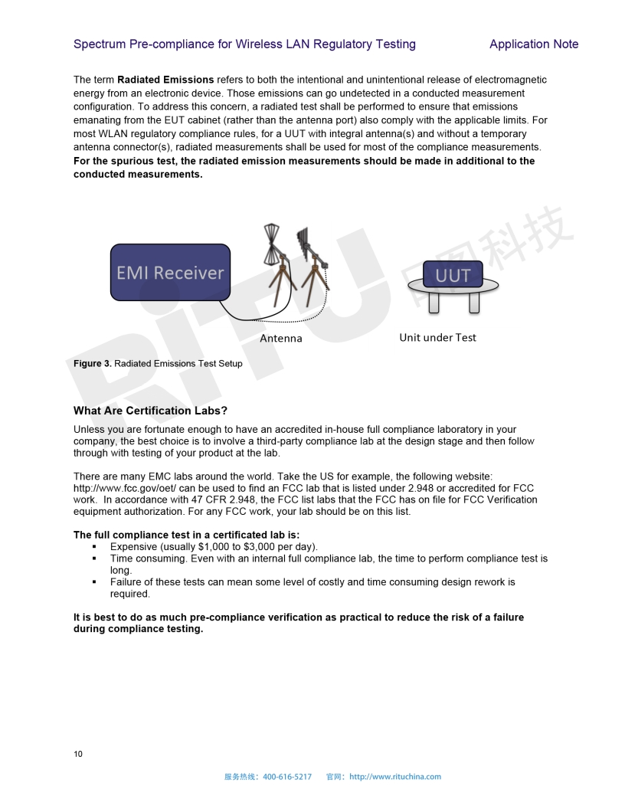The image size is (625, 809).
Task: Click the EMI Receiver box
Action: point(170,272)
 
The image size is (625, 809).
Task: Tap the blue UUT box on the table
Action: point(453,274)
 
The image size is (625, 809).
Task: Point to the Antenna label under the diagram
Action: point(281,338)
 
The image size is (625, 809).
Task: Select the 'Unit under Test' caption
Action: point(437,337)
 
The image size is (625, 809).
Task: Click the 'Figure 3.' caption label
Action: point(93,363)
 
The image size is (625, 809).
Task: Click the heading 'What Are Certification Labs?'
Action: point(150,411)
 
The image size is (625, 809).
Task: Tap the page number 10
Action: point(78,754)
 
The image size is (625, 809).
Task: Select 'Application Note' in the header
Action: point(534,44)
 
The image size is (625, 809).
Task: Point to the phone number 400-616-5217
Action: point(287,777)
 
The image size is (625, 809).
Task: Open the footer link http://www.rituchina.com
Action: point(395,777)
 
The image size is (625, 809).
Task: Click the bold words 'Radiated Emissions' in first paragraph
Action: point(165,80)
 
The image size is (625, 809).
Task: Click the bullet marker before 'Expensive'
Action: point(94,547)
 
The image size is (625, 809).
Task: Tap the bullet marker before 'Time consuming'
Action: point(94,558)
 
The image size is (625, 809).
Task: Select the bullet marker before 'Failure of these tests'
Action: point(94,582)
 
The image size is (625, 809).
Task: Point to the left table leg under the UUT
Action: point(434,303)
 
